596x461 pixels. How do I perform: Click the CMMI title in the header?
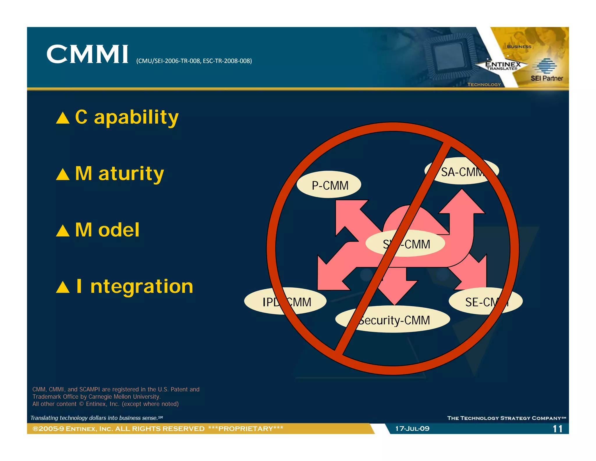pyautogui.click(x=87, y=54)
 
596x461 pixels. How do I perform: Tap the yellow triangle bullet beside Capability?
pyautogui.click(x=63, y=118)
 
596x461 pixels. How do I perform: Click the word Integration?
pyautogui.click(x=134, y=286)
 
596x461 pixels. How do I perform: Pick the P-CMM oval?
pyautogui.click(x=329, y=185)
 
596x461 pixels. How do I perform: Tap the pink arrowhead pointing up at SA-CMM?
pyautogui.click(x=462, y=203)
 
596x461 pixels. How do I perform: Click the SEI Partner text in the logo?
pyautogui.click(x=547, y=78)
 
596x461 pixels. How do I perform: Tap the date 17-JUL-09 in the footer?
pyautogui.click(x=412, y=429)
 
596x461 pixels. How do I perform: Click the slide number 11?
pyautogui.click(x=557, y=429)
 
